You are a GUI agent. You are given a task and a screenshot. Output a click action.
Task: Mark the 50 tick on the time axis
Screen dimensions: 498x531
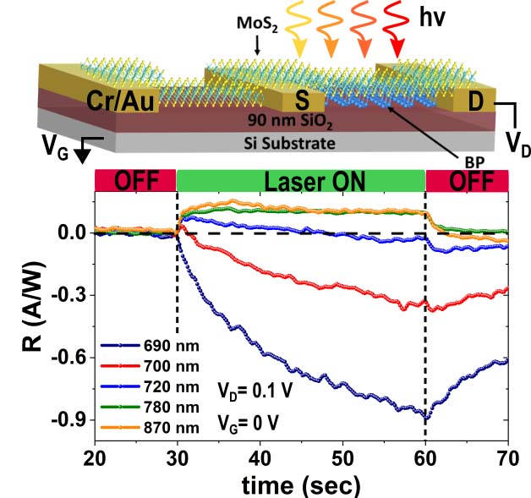(342, 455)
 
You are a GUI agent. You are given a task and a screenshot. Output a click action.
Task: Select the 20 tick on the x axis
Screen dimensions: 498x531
(95, 455)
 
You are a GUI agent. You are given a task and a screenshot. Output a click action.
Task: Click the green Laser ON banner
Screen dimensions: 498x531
(301, 180)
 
